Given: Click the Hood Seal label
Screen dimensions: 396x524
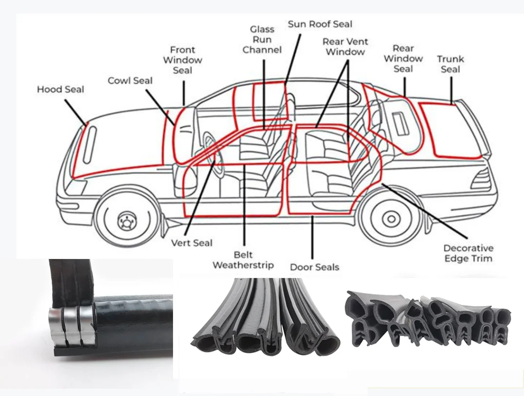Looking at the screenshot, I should coord(60,90).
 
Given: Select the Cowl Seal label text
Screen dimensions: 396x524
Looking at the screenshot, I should coord(130,81).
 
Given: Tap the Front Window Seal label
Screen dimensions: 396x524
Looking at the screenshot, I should coord(182,60).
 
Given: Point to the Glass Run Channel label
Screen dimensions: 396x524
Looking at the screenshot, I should coord(262,40).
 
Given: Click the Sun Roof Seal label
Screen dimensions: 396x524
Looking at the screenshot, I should coord(320,24).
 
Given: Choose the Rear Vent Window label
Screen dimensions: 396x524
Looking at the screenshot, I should coord(345,47).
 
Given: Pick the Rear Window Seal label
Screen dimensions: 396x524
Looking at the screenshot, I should coord(403,59).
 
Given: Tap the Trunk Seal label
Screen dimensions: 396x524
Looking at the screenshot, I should coord(450,64).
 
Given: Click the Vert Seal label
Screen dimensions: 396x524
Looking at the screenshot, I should coord(192,243).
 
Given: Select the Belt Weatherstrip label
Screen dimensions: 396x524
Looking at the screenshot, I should coord(243,260).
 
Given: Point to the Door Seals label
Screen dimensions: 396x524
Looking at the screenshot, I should coord(314,267).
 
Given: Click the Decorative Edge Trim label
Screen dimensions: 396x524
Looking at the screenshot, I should coord(468,253).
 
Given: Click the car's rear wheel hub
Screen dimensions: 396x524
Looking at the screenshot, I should coord(390,217).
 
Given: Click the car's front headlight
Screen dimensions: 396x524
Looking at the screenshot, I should coord(76,186).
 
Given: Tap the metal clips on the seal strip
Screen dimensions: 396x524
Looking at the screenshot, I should coord(72,328).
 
